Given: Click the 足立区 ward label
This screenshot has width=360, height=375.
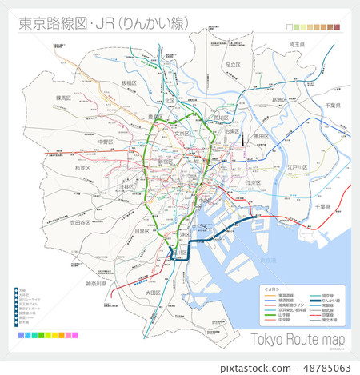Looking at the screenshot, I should coord(233,64).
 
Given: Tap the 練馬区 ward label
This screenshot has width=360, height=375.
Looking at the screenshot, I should coord(65,98).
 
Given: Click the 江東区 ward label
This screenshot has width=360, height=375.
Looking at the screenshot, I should coord(254,182).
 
